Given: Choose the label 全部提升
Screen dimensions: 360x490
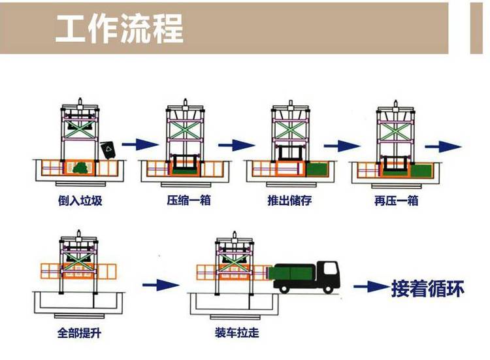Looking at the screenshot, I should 79,333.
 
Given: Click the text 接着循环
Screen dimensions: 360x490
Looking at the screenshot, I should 428,288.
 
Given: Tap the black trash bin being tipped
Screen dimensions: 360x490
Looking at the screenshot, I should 108,149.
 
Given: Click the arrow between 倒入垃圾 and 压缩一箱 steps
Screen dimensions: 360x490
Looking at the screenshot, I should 140,144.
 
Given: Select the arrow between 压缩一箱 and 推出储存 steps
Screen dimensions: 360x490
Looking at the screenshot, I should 237,144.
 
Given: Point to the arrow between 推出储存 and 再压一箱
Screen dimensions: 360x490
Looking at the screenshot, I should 342,144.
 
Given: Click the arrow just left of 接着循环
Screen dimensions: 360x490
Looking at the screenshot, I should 371,286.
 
